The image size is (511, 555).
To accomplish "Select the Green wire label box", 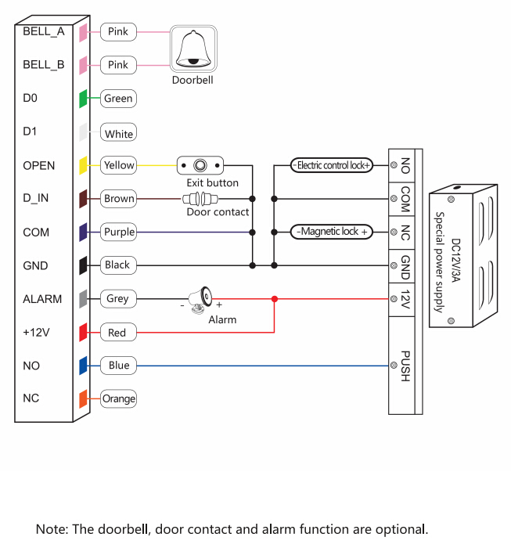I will click(118, 99).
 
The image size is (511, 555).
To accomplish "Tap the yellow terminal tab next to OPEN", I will click(83, 166).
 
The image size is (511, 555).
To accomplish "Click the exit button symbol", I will click(200, 165).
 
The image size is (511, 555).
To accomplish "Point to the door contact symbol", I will click(201, 199).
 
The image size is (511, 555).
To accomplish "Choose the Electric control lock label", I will click(333, 165).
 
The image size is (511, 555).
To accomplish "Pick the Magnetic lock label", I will click(333, 232).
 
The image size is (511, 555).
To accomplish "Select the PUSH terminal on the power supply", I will click(405, 366).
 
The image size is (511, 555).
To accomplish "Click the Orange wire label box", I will click(119, 398).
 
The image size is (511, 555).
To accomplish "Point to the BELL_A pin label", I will click(44, 32).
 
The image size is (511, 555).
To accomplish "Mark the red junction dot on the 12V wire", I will click(274, 299).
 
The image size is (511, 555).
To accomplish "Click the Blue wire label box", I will click(119, 366).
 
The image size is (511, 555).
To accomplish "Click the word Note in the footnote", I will click(51, 529).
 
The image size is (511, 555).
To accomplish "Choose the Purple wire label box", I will click(119, 232).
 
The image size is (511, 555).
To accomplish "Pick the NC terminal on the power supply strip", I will click(405, 232).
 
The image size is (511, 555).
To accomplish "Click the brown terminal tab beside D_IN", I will click(83, 199).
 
